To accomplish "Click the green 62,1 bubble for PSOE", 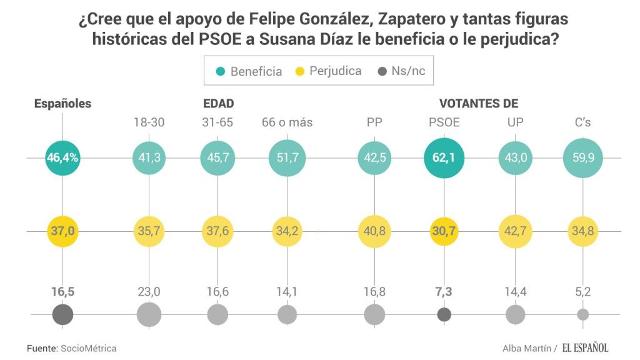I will (x=444, y=158).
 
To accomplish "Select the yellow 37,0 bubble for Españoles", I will (x=62, y=231).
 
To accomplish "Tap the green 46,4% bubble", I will (x=62, y=158).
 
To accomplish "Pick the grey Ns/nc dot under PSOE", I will (x=444, y=314).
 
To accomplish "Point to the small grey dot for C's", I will (x=582, y=314).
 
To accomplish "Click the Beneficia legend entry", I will (x=249, y=71).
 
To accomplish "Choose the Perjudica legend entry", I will (x=327, y=71).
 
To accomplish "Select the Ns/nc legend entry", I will (x=401, y=71).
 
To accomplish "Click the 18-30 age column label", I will (x=149, y=122).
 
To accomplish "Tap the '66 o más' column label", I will (x=287, y=122).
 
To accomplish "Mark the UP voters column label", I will (x=516, y=122).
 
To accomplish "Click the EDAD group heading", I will (x=218, y=104).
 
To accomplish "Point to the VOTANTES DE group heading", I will (x=479, y=104).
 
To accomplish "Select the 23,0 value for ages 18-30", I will (x=149, y=292).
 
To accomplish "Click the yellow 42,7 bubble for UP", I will (x=516, y=231).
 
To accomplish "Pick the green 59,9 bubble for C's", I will (x=582, y=158).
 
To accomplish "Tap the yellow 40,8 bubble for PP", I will (x=374, y=231).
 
